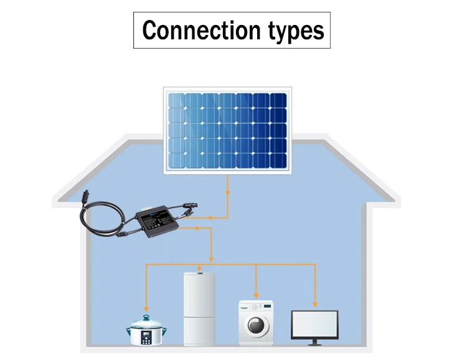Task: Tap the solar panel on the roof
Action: (227, 130)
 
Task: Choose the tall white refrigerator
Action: (200, 308)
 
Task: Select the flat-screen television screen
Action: (314, 324)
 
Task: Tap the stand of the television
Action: (314, 342)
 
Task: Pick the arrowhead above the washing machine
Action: (256, 295)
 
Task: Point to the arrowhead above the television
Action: (315, 303)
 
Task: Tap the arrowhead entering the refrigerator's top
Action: (200, 269)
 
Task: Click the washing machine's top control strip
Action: (256, 306)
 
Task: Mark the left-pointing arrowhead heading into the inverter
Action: (211, 217)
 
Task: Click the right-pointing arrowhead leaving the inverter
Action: (197, 228)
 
